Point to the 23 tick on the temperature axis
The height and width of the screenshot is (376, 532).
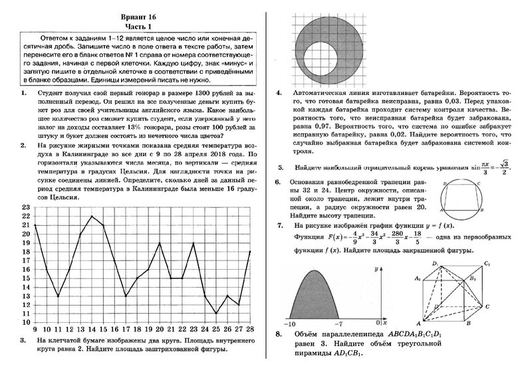tap(26, 208)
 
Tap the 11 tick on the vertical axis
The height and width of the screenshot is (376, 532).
tap(26, 312)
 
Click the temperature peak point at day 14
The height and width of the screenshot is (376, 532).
tap(92, 217)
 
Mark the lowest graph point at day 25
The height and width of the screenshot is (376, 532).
tap(216, 312)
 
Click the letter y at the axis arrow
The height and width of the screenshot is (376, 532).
tap(376, 270)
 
